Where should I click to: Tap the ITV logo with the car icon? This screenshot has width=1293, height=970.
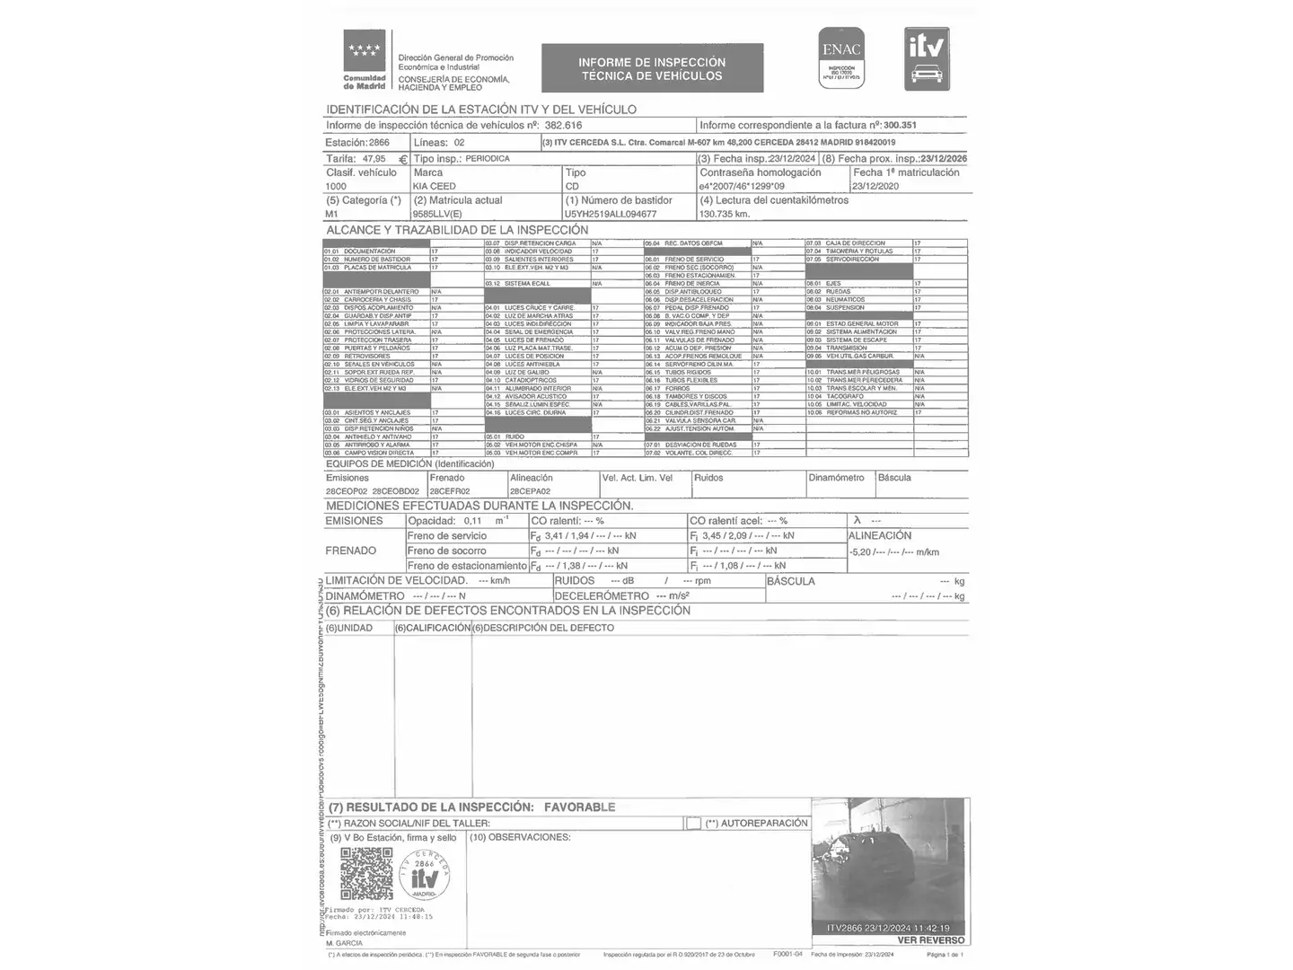pos(927,58)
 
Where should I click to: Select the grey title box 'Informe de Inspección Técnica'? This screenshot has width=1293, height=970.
pos(652,68)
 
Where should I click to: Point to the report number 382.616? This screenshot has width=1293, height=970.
pos(563,126)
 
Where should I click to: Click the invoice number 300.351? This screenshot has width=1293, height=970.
pos(900,126)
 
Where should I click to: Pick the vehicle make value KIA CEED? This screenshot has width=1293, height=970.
pos(435,187)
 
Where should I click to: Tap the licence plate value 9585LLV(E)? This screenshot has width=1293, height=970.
pos(437,215)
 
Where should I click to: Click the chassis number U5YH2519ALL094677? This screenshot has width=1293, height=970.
pos(611,215)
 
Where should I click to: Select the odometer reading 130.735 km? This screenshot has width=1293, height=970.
pos(725,215)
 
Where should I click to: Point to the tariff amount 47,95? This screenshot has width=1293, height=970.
pos(374,159)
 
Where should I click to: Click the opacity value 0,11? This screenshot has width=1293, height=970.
pos(473,521)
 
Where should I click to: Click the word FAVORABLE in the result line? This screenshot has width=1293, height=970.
pos(579,807)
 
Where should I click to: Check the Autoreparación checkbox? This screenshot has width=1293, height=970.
pos(693,823)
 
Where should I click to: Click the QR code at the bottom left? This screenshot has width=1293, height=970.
pos(366,874)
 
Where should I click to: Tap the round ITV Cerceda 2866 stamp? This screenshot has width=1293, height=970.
pos(425,874)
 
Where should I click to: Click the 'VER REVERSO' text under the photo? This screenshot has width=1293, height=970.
pos(931,940)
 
